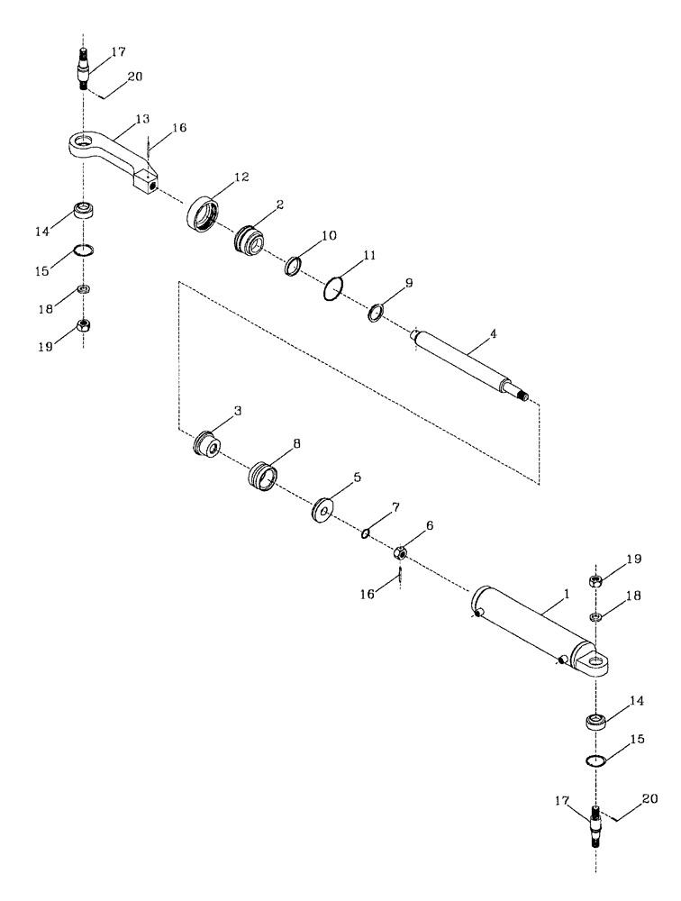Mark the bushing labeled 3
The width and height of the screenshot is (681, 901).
point(209,444)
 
